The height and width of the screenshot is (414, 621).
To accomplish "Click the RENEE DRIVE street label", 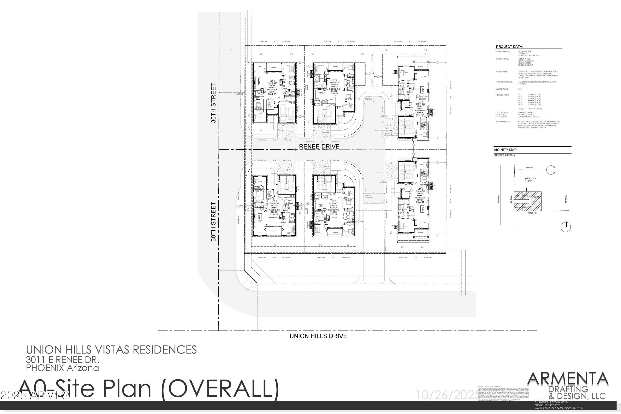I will pos(319,147).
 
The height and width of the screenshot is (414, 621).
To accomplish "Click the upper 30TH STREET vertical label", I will pos(213,103).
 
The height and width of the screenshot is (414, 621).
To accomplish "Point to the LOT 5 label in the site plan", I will pos(333,201).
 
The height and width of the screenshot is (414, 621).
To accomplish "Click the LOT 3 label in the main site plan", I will pos(420,102).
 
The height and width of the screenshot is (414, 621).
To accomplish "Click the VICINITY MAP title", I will pos(505,150).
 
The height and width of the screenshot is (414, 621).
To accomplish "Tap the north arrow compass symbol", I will pos(566,226).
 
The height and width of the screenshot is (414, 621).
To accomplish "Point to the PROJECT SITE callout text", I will pos(532,180).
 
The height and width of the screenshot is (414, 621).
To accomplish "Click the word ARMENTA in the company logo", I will pos(568,379).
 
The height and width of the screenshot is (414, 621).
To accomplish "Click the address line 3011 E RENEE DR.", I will pos(63,360).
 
